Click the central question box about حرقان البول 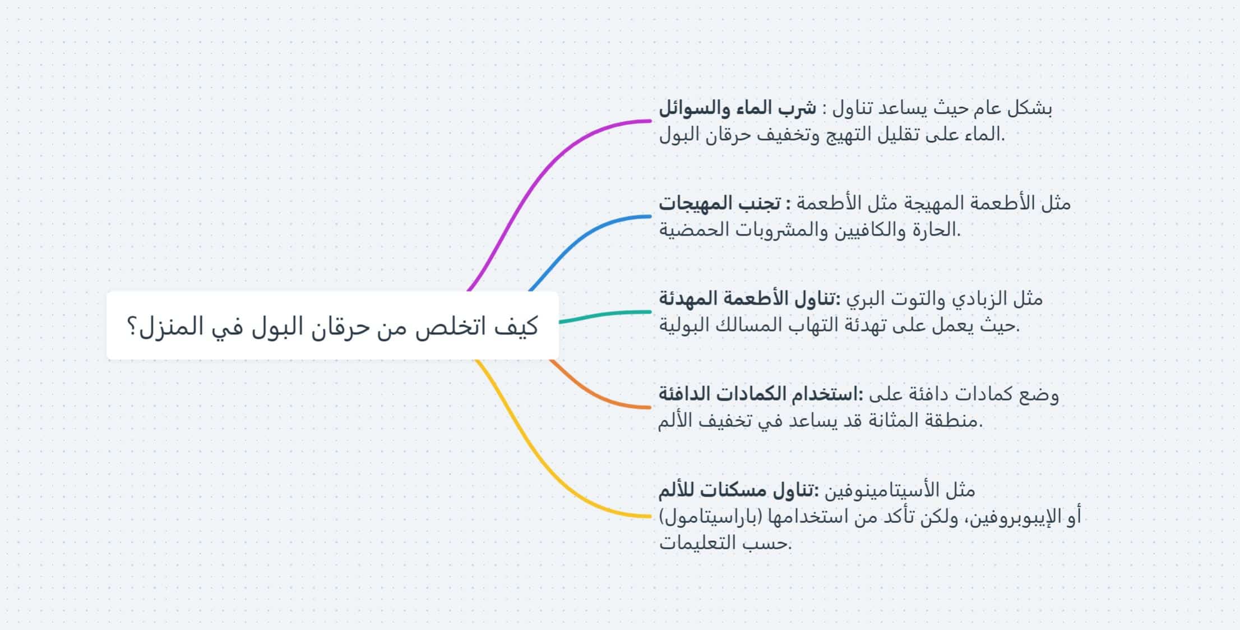[x=332, y=325]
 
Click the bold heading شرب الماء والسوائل [x=738, y=108]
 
